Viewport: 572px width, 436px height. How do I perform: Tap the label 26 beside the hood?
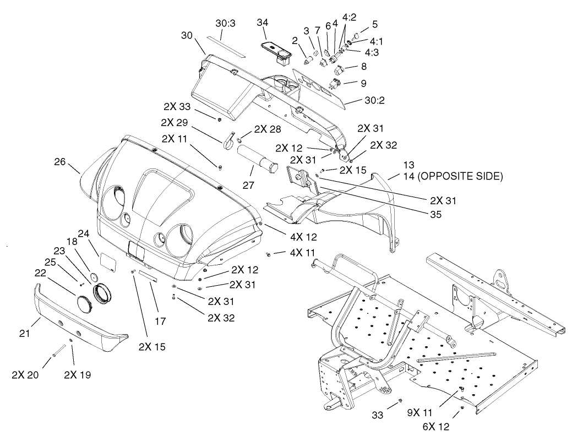point(61,162)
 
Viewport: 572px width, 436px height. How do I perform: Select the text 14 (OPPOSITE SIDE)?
point(453,177)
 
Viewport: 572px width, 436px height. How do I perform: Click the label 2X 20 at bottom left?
point(25,375)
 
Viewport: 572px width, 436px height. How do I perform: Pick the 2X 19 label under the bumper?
point(77,375)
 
